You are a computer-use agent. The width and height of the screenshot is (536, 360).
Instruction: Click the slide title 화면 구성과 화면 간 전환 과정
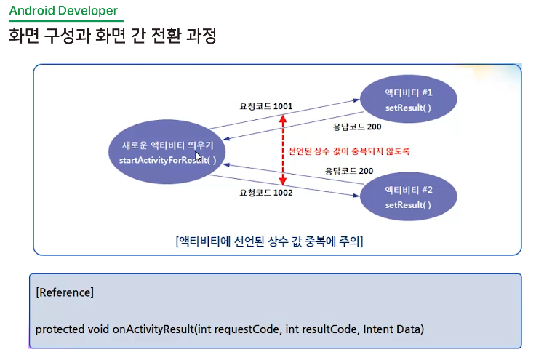coord(113,36)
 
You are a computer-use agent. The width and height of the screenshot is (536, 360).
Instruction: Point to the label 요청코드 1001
coord(266,106)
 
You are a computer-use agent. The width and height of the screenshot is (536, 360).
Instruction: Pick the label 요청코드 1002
coord(266,193)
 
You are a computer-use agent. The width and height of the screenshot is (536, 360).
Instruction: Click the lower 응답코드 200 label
coord(349,171)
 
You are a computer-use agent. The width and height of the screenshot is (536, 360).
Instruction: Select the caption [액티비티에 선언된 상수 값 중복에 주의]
coord(270,241)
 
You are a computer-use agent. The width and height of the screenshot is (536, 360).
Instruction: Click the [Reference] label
coord(64,292)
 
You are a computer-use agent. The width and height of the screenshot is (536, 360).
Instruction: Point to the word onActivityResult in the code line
coord(153,329)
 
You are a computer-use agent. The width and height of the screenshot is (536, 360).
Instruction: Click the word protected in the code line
coord(59,329)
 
